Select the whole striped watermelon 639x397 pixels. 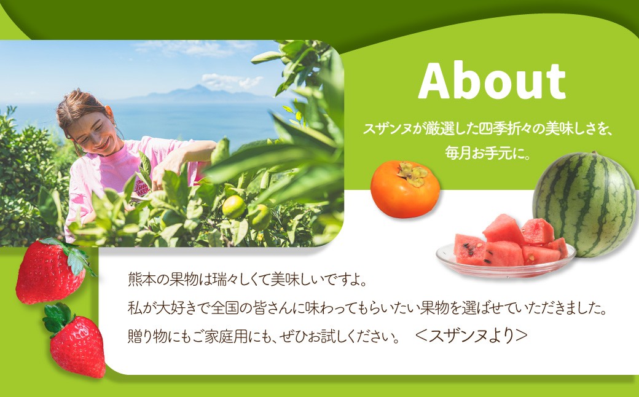[x=584, y=203]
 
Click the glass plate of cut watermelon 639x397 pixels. [x=506, y=258]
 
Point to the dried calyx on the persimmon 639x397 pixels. [x=413, y=173]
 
